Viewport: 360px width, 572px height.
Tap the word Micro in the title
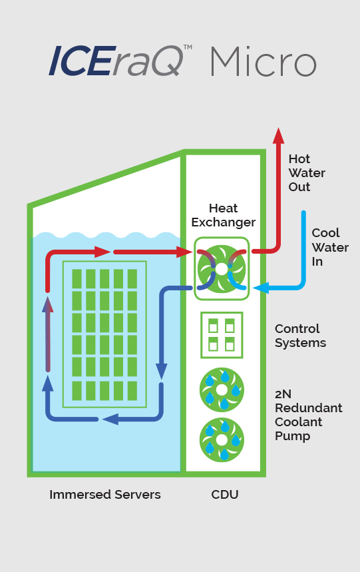(x=263, y=61)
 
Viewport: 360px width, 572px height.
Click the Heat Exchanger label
(x=223, y=215)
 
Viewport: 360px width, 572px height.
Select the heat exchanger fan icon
(x=222, y=268)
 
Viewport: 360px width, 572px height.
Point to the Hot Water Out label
(x=307, y=173)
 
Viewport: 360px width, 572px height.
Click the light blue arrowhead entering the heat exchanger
(x=260, y=288)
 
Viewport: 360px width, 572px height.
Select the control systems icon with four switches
(x=222, y=334)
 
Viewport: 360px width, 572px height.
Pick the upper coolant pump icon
(x=222, y=390)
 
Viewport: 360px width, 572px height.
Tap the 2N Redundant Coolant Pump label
(x=308, y=415)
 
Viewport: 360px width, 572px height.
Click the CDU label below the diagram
(x=224, y=495)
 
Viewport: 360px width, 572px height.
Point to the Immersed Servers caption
(x=105, y=495)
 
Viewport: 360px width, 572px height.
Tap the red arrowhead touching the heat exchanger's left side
(x=185, y=252)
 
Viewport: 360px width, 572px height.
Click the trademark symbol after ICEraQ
(x=188, y=48)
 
